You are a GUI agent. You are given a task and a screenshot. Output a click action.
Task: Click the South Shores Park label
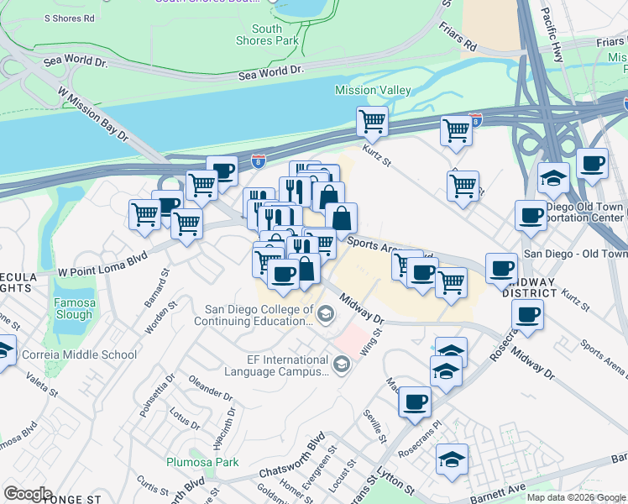click(267, 34)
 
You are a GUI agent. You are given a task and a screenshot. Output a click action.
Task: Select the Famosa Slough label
click(74, 308)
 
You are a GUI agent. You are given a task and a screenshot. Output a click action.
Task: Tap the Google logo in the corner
click(28, 494)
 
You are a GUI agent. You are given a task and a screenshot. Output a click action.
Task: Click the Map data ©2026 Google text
click(575, 497)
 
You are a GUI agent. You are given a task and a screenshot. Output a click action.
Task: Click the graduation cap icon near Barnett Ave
click(453, 460)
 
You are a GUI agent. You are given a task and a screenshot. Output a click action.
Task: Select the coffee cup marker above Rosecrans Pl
click(415, 402)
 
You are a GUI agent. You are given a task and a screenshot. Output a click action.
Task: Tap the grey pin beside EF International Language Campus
click(341, 364)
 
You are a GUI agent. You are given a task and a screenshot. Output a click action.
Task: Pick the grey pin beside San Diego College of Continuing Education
click(326, 315)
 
